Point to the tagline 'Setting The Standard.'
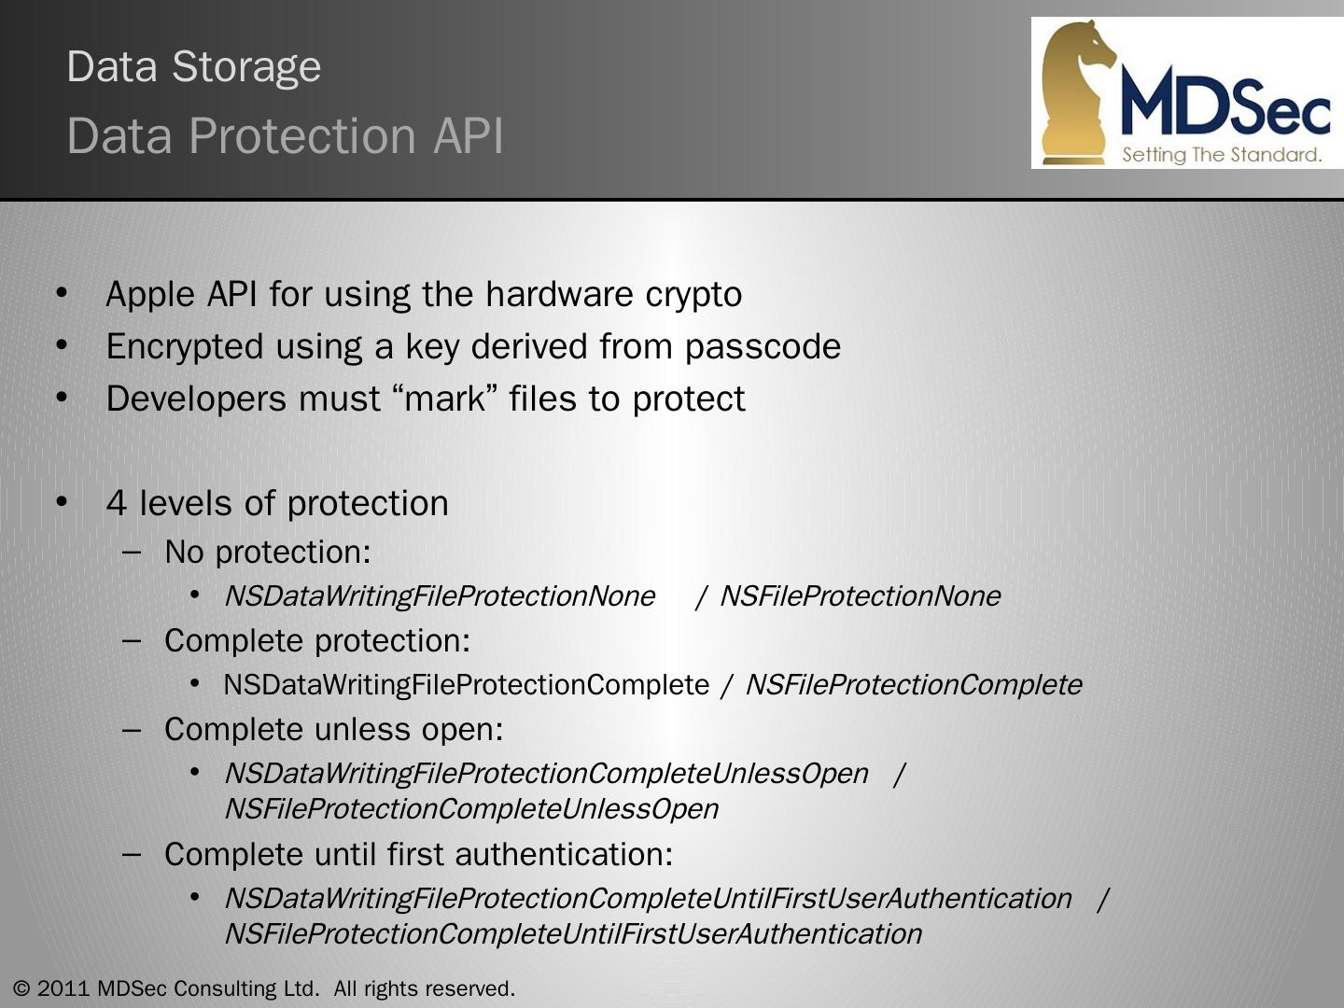point(1222,155)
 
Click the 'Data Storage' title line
point(194,67)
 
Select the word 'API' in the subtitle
point(468,136)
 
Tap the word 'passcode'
point(763,347)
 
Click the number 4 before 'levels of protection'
point(116,504)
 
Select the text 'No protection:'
point(267,553)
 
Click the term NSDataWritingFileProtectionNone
point(440,596)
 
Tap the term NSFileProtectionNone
point(860,596)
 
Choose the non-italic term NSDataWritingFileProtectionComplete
point(466,685)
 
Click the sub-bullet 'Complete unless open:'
point(333,730)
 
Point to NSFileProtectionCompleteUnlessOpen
point(471,809)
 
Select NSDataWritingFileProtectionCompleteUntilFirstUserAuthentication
point(648,899)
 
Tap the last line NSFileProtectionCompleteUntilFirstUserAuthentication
point(573,934)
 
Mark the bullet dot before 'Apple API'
point(63,294)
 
